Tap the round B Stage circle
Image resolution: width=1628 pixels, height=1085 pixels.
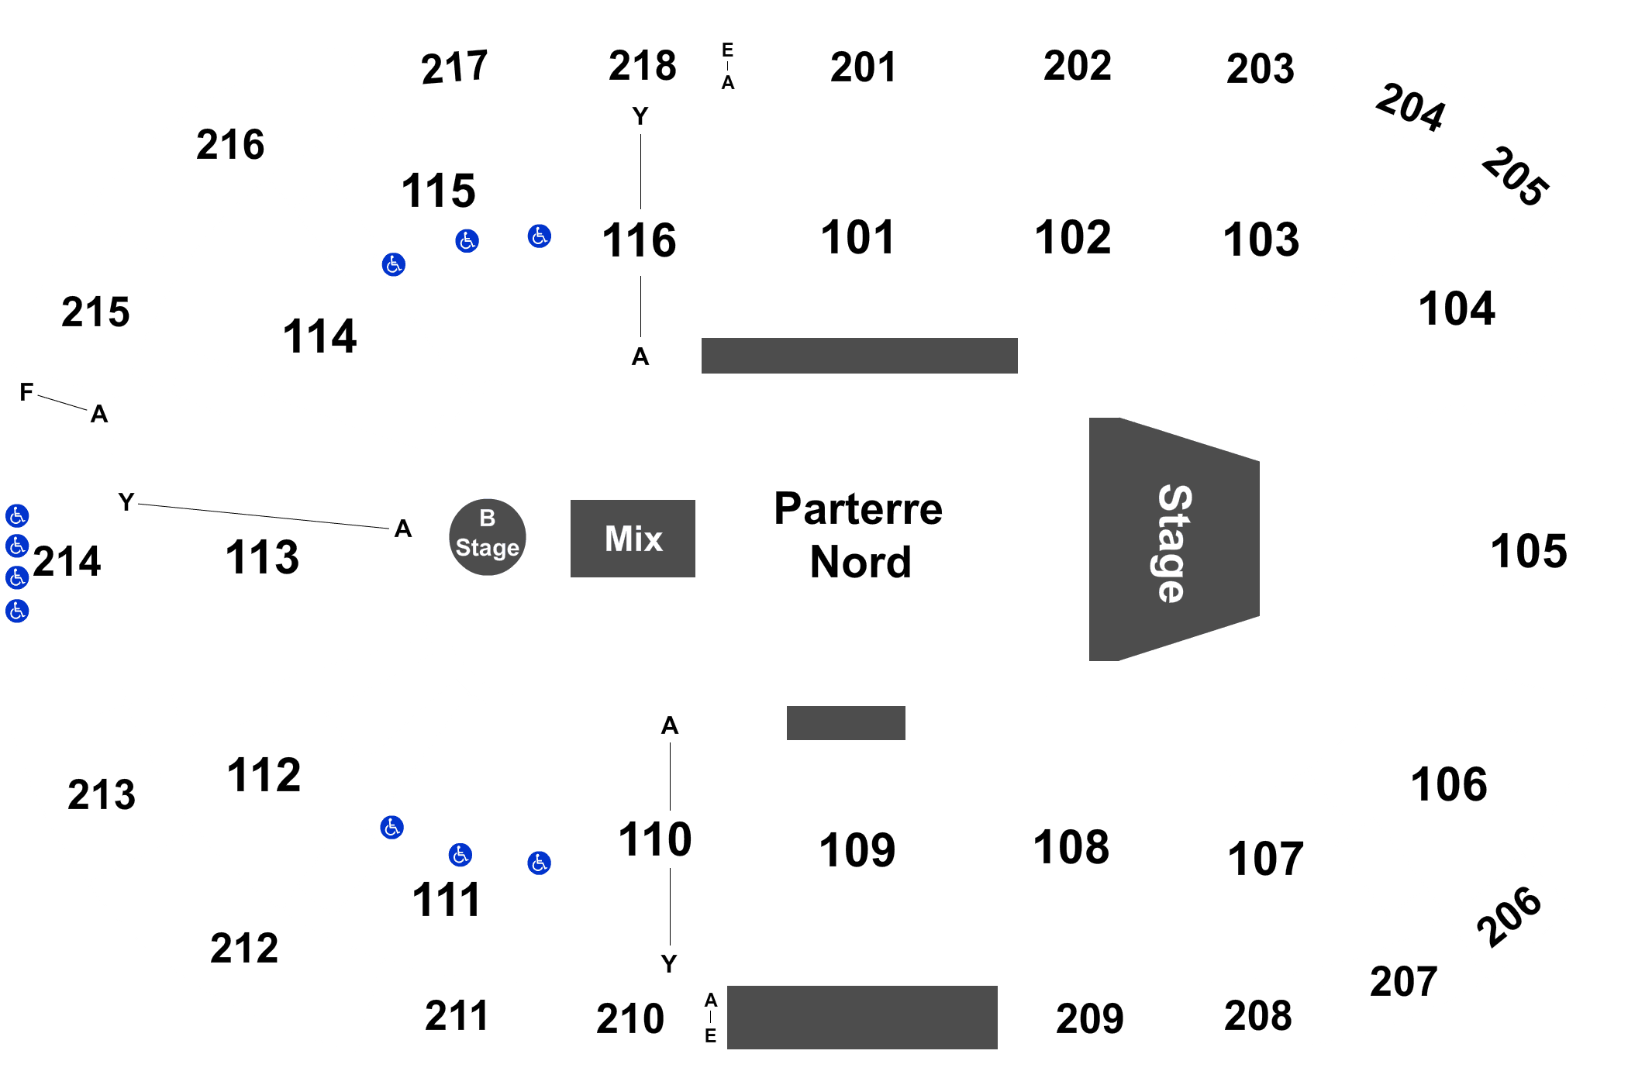coord(488,536)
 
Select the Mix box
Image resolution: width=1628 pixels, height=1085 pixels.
coord(633,539)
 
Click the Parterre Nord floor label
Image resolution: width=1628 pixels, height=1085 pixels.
coord(859,535)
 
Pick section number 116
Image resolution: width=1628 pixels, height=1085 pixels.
coord(640,239)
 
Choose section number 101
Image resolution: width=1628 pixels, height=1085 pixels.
coord(857,237)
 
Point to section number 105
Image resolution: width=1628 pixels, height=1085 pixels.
coord(1529,551)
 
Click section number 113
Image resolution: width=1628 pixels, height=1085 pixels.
coord(262,557)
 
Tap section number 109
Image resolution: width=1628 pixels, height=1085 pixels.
coord(857,850)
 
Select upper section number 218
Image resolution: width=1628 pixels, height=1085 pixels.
coord(642,66)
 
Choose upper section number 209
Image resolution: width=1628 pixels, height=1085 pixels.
coord(1089,1018)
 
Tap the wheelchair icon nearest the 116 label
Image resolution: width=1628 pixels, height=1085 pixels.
coord(539,236)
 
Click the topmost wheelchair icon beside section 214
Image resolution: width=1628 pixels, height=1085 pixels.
coord(17,515)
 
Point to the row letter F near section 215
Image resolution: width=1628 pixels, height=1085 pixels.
coord(26,393)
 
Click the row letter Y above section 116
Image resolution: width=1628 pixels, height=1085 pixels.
coord(640,116)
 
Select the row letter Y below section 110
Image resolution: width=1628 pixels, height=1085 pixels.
coord(669,963)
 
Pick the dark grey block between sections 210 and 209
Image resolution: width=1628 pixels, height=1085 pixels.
coord(862,1017)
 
